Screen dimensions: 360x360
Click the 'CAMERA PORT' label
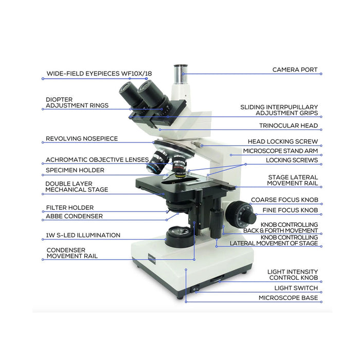tap(295, 69)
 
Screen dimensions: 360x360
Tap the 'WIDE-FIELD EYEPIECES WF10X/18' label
tap(99, 74)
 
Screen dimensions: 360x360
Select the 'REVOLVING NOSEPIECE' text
tap(82, 138)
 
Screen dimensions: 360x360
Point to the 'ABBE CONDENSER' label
tap(74, 217)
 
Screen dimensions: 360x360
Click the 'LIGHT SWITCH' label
tap(296, 288)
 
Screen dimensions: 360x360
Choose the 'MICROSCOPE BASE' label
tap(288, 298)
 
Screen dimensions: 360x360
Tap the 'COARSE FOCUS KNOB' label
tap(284, 200)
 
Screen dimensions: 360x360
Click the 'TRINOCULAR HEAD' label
tap(288, 125)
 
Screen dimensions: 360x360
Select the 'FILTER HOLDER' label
tap(70, 208)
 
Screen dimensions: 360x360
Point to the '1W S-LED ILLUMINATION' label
tap(83, 235)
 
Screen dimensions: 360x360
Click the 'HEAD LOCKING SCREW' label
tap(282, 141)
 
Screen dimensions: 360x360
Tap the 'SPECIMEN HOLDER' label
tap(75, 170)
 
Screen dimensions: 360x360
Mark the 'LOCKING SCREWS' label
tap(292, 160)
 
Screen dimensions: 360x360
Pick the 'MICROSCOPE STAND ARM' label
tap(280, 151)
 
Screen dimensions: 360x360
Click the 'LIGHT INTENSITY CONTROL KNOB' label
tap(292, 275)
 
